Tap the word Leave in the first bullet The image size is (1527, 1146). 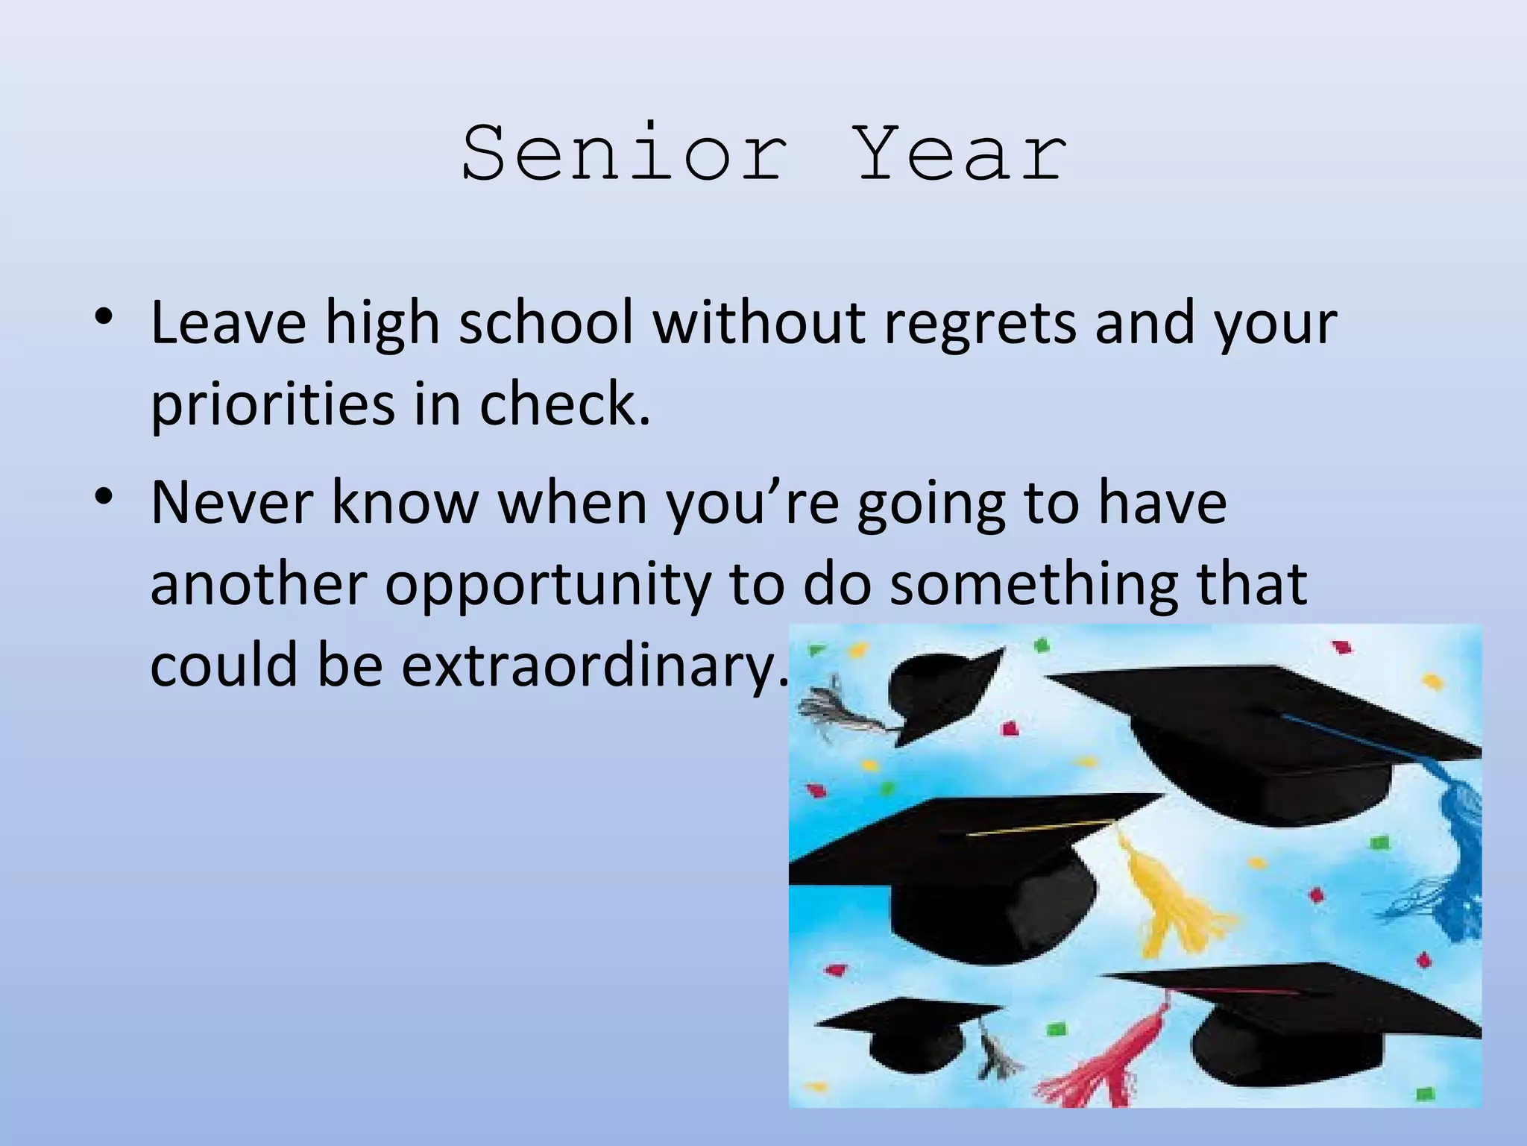click(x=228, y=323)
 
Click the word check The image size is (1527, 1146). click(x=564, y=404)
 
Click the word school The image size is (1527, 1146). click(x=546, y=323)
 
